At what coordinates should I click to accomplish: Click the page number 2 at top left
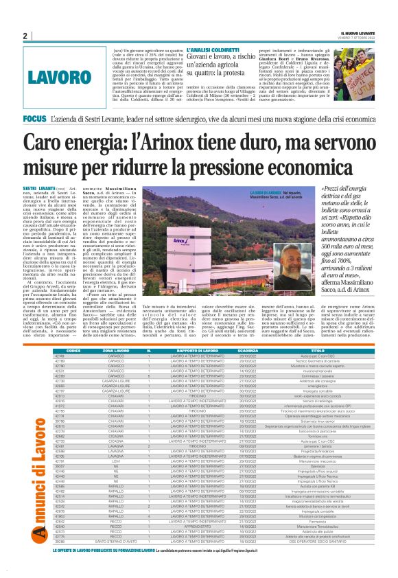pos(24,35)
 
